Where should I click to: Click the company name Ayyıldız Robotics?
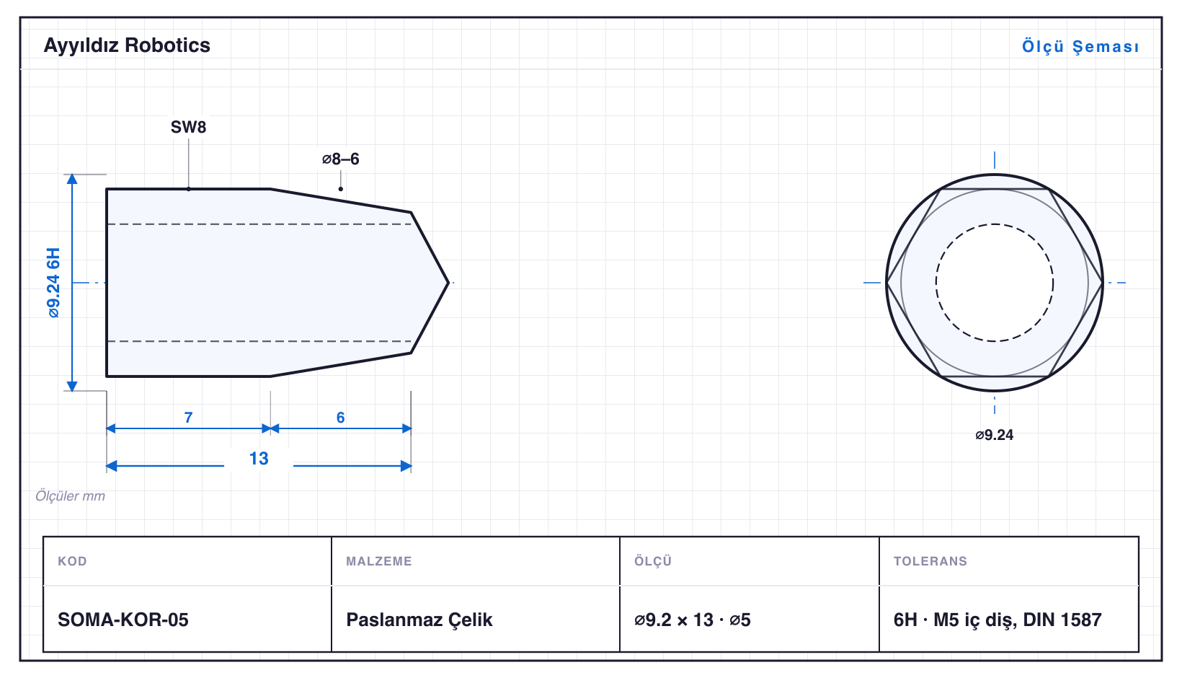point(127,45)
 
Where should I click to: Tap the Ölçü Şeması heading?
point(1080,46)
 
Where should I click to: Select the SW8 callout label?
point(188,127)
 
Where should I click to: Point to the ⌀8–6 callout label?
point(340,159)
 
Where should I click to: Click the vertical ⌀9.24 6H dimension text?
point(53,283)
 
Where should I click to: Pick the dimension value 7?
point(188,418)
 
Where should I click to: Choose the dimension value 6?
point(340,418)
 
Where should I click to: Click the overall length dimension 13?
point(259,458)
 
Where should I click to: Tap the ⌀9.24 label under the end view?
point(994,435)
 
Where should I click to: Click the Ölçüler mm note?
point(70,496)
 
